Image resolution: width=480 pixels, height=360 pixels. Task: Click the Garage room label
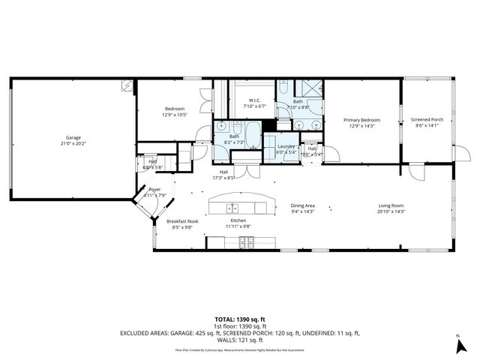73,137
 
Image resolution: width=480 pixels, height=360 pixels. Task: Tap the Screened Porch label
427,120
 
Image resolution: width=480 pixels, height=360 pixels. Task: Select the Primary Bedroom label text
361,120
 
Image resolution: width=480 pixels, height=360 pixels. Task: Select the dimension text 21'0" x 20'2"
73,143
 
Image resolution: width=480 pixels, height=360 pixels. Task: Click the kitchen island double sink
233,208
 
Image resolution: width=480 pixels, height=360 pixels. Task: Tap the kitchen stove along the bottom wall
247,241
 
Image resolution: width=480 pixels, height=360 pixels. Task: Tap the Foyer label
154,190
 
